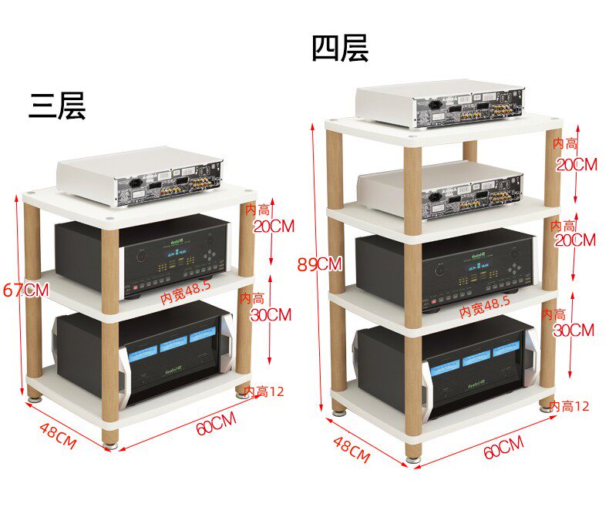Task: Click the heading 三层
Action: pos(57,106)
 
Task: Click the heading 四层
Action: pos(340,48)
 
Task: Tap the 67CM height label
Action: pos(25,290)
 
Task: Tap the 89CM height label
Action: pos(318,264)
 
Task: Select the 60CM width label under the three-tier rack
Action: pos(216,424)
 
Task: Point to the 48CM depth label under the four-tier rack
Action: pos(352,448)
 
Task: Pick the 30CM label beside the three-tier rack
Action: pos(271,314)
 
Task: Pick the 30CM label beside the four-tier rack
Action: pos(574,330)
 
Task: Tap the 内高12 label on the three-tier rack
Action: pos(264,391)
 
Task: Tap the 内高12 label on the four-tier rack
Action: pos(569,405)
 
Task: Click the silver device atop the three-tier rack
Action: pos(141,176)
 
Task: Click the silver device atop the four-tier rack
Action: pos(440,104)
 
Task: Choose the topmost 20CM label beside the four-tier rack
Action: pos(577,163)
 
